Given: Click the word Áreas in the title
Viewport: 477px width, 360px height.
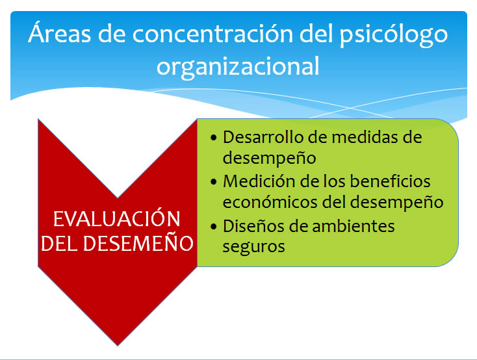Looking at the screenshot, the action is tap(59, 32).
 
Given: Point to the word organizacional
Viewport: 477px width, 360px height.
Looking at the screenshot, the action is tap(238, 67).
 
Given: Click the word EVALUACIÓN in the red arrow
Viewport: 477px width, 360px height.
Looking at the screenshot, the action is tap(117, 218).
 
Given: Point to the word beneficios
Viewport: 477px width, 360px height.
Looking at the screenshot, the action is tap(390, 181).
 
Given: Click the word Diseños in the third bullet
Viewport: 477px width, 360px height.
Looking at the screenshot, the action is tap(253, 226).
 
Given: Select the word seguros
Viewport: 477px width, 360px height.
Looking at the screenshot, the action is tap(253, 247).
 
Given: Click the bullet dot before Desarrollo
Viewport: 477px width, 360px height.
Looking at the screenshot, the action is tap(214, 138).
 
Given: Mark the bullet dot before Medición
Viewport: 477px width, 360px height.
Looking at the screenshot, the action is tap(214, 182).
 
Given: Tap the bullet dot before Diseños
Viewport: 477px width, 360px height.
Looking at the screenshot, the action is tap(214, 227).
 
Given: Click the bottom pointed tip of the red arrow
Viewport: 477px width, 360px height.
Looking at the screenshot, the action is tap(118, 346).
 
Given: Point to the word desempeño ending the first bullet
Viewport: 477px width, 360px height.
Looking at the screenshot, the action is tap(269, 159).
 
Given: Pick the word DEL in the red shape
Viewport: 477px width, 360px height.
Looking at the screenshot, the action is tap(59, 244).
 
